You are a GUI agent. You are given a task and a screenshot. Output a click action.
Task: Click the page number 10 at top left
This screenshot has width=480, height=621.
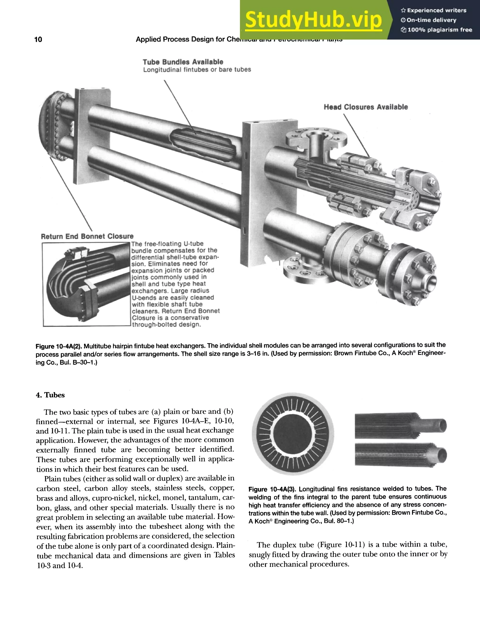[38, 40]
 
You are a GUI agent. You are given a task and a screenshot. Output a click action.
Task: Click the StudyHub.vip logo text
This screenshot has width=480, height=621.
[313, 20]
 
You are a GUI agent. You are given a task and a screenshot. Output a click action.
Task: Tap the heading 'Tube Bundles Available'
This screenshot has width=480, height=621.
[183, 62]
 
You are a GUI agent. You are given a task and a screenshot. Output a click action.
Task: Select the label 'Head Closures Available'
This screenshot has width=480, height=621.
[366, 107]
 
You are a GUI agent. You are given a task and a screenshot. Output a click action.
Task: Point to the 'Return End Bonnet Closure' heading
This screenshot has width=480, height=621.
[87, 236]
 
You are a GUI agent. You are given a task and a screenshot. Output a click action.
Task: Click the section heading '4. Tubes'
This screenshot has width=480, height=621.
[50, 395]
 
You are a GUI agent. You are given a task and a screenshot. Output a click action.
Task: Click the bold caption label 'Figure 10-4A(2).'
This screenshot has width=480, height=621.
[59, 346]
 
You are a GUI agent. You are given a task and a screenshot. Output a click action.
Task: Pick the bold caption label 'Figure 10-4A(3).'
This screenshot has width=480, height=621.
[272, 489]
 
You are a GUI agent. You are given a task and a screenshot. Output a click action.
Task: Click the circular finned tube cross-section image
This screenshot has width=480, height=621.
[293, 434]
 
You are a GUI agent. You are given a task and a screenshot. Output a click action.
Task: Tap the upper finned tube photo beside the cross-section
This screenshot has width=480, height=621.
[400, 426]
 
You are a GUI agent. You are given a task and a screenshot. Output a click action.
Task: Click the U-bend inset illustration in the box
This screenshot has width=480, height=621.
[86, 284]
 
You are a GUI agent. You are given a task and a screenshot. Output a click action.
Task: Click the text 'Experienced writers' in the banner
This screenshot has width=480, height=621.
[436, 11]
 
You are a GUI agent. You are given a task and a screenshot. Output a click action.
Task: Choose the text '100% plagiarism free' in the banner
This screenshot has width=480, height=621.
[439, 30]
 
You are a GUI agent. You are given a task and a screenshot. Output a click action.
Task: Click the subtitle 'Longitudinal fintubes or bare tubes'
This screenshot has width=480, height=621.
[197, 70]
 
